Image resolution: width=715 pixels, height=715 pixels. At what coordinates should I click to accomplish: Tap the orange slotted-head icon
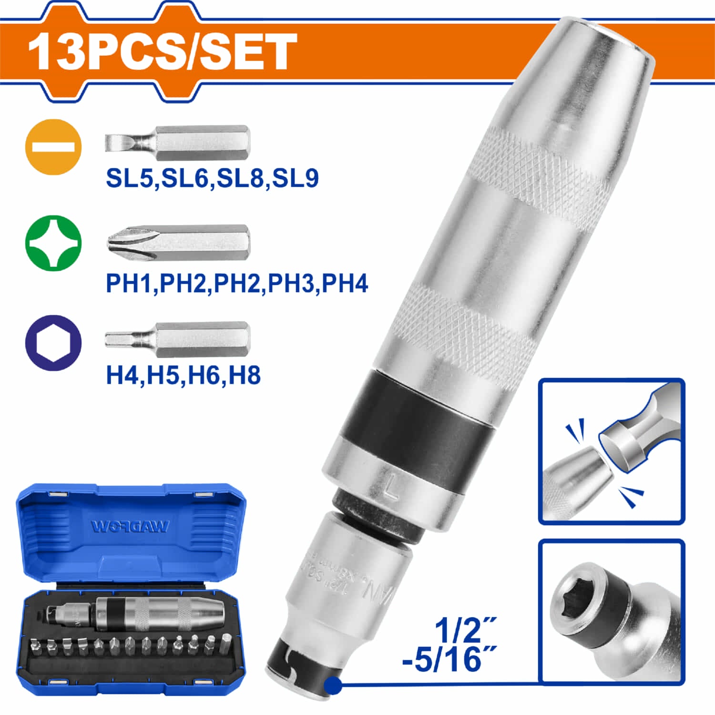pyautogui.click(x=53, y=146)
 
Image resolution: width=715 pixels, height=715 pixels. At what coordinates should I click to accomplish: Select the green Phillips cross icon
pyautogui.click(x=53, y=243)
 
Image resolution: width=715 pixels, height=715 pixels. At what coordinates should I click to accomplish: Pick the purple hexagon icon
pyautogui.click(x=53, y=343)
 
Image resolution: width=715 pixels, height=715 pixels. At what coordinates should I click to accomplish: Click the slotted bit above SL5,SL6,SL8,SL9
pyautogui.click(x=177, y=143)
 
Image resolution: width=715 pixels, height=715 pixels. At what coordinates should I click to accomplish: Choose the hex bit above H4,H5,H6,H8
pyautogui.click(x=177, y=339)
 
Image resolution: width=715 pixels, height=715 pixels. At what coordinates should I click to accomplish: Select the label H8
pyautogui.click(x=245, y=375)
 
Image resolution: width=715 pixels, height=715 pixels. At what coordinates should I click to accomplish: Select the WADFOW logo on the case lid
pyautogui.click(x=130, y=526)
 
